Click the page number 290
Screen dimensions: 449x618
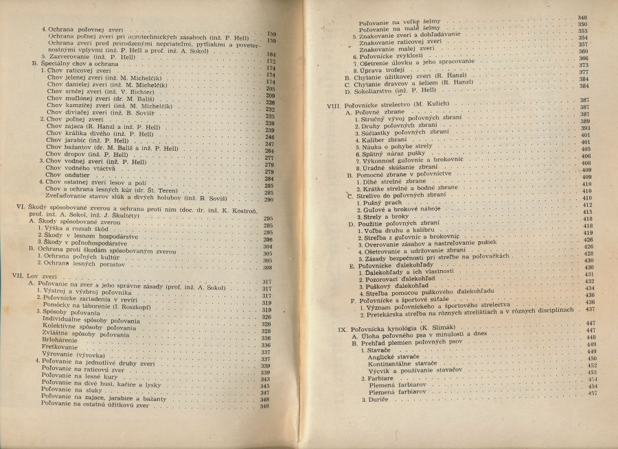pyautogui.click(x=268, y=200)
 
